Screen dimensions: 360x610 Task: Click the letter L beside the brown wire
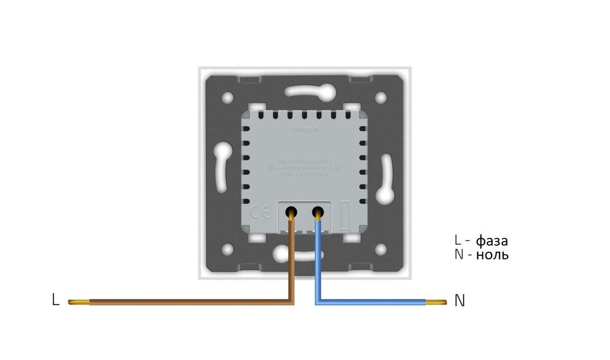[x=55, y=299]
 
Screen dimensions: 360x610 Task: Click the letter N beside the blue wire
[x=460, y=301]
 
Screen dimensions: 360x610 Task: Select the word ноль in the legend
[x=492, y=254]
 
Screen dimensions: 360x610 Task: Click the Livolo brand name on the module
[x=305, y=130]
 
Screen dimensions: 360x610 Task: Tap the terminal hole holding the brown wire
[x=292, y=210]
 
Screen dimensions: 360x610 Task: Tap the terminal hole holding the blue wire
[x=319, y=210]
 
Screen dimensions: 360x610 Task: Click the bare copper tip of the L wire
[x=79, y=302]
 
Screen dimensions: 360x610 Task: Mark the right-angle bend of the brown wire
[x=291, y=302]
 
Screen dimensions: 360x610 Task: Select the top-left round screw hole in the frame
[x=228, y=96]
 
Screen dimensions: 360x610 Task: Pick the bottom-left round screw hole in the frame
[x=228, y=249]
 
